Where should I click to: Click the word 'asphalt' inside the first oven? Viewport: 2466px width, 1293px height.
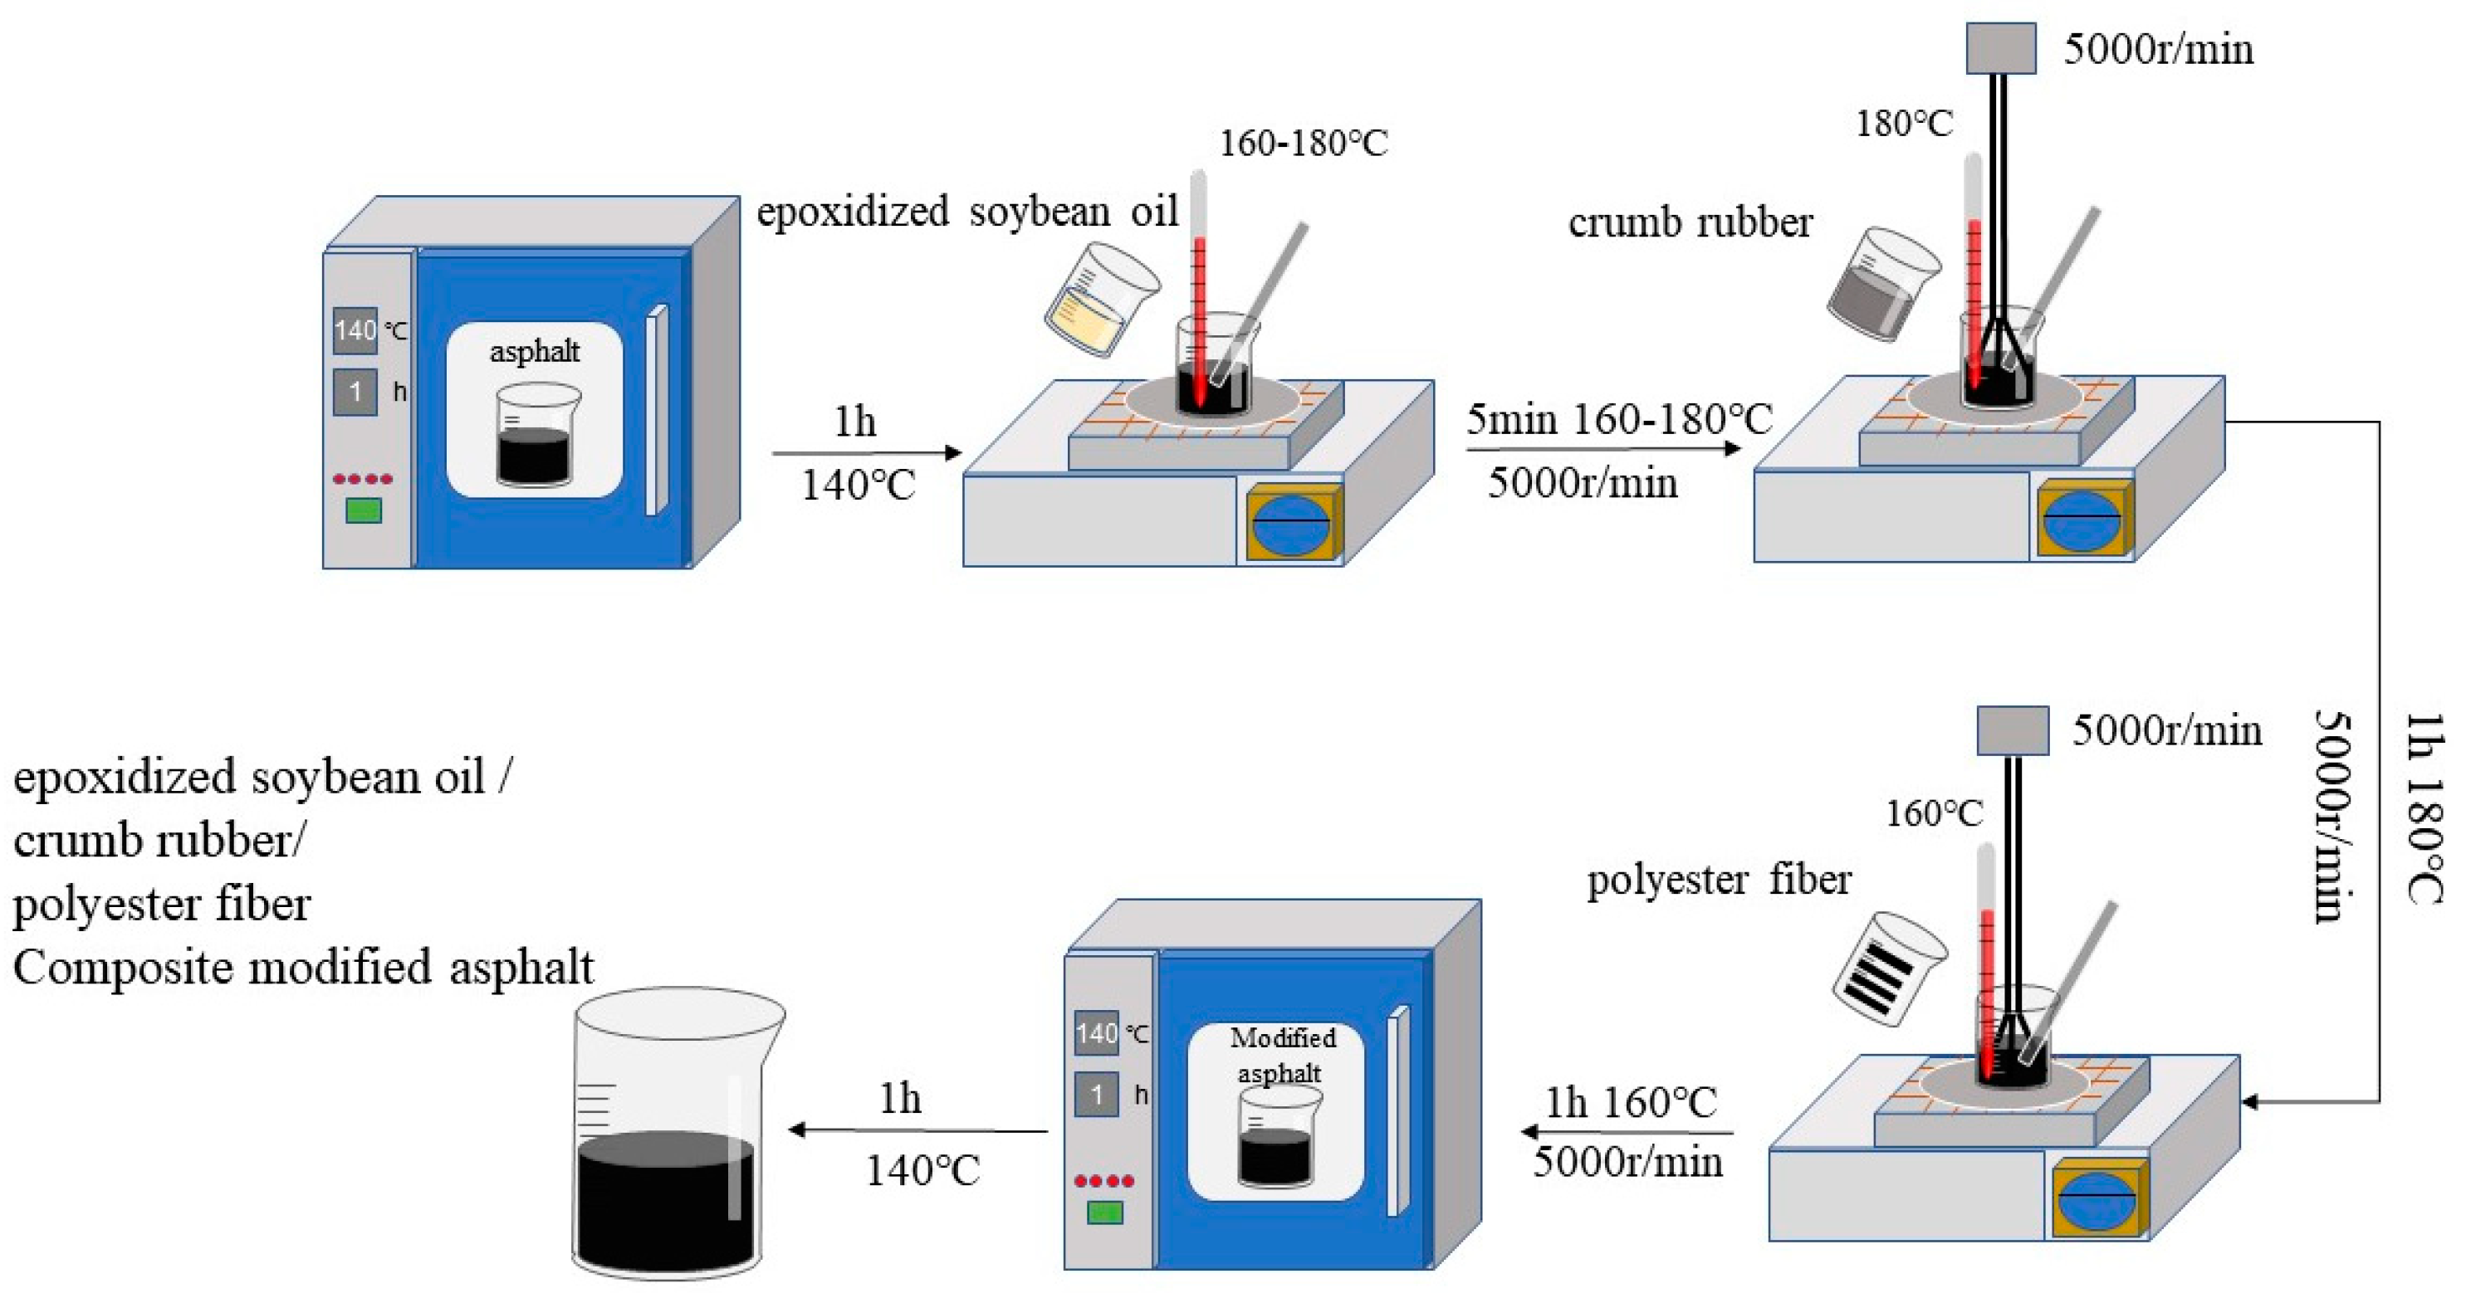tap(534, 351)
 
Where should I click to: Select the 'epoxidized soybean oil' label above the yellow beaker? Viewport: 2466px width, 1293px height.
tap(966, 212)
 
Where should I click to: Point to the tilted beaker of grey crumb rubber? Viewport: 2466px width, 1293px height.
tap(1882, 285)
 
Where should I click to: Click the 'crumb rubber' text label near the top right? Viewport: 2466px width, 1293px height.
tap(1690, 222)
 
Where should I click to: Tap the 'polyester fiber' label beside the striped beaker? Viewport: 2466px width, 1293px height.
tap(1719, 879)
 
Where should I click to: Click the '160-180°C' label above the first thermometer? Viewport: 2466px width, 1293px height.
tap(1303, 144)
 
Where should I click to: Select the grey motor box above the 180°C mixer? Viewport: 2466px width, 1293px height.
tap(2001, 49)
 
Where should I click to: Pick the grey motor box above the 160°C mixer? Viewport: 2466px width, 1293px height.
tap(2013, 731)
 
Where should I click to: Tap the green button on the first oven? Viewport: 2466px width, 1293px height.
tap(364, 510)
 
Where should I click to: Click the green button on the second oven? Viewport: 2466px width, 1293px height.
tap(1105, 1212)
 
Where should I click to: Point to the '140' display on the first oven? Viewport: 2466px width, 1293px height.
tap(355, 331)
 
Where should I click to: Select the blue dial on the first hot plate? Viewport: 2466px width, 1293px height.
tap(1291, 523)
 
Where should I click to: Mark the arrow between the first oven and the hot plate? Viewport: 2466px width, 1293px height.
tap(866, 452)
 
